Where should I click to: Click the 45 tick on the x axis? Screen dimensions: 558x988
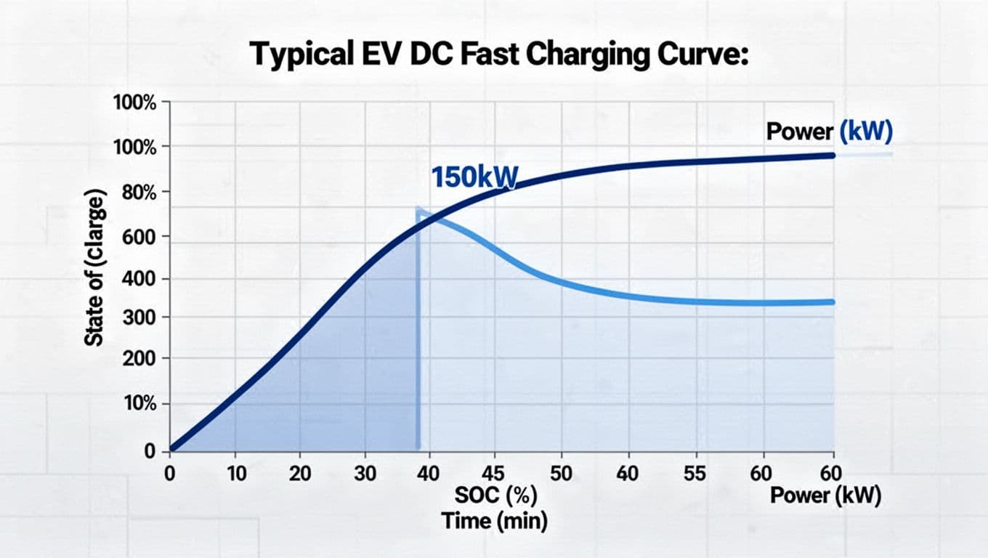click(x=494, y=474)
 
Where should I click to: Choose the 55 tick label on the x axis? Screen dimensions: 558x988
click(x=695, y=474)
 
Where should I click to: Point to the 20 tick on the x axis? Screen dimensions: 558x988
click(x=299, y=474)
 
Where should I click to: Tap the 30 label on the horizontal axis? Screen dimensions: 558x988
click(x=365, y=474)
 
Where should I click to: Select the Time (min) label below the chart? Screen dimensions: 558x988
click(x=495, y=521)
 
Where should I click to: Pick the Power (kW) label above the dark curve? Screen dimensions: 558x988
click(x=829, y=132)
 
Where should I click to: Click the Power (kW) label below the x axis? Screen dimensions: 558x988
click(x=825, y=496)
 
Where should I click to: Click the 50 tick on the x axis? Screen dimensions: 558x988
click(x=560, y=474)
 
